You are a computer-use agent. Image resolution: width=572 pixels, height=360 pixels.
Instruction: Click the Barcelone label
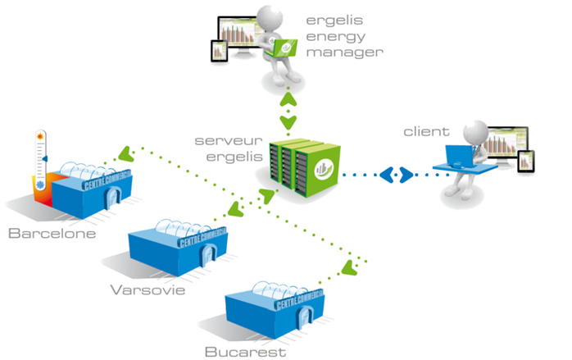click(52, 233)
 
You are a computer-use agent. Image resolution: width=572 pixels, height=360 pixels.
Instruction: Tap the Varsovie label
click(148, 289)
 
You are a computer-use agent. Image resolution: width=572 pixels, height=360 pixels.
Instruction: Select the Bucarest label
click(246, 352)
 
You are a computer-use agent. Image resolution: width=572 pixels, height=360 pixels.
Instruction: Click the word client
click(426, 130)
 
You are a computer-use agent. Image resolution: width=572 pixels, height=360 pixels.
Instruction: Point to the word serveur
click(222, 141)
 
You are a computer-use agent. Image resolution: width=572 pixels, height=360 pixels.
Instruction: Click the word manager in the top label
click(344, 52)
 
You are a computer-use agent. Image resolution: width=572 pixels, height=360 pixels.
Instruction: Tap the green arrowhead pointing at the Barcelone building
click(125, 153)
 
